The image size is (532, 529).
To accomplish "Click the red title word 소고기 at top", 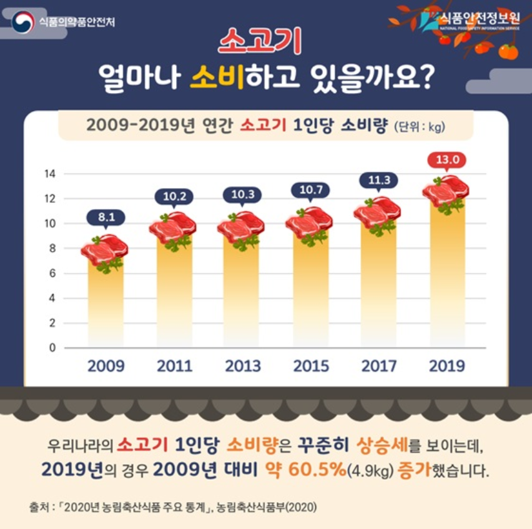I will [x=260, y=42].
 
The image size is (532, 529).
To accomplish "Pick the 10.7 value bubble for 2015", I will [x=310, y=190].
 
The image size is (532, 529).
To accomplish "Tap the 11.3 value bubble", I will [x=378, y=181].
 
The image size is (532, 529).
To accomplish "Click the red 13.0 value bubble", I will [x=447, y=161].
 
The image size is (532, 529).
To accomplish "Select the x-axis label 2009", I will [x=106, y=365].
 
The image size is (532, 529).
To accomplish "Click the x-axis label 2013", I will [x=242, y=365].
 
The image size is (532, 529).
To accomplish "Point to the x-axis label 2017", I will [x=378, y=365].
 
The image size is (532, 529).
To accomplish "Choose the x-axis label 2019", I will [x=447, y=365].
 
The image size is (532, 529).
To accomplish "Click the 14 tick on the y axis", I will [x=49, y=174].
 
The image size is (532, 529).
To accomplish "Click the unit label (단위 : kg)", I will [x=419, y=126].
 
